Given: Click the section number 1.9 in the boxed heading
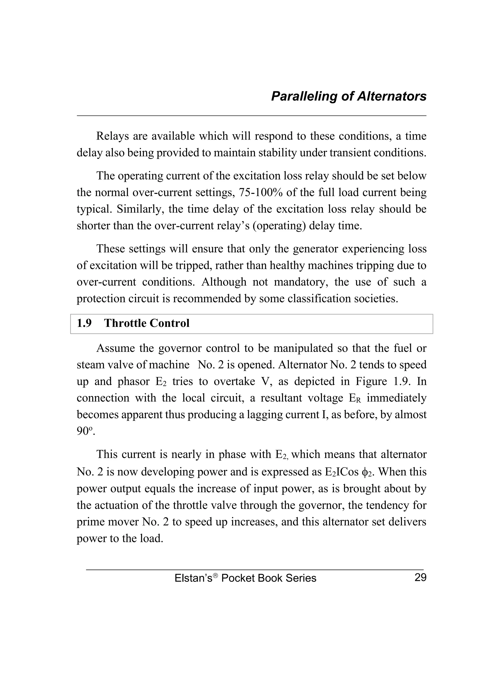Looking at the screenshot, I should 84,323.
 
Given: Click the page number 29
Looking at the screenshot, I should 420,578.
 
